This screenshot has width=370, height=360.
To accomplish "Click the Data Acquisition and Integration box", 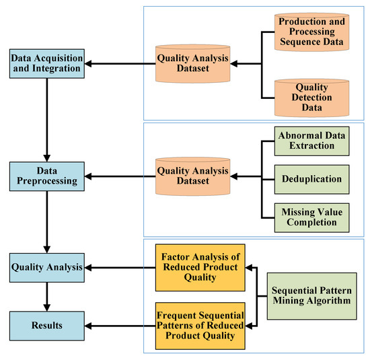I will pos(45,65).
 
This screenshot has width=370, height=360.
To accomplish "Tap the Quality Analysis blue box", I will pos(45,267).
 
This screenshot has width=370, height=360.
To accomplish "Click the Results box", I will pos(45,326).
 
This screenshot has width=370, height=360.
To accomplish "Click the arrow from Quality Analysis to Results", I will pos(45,295).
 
